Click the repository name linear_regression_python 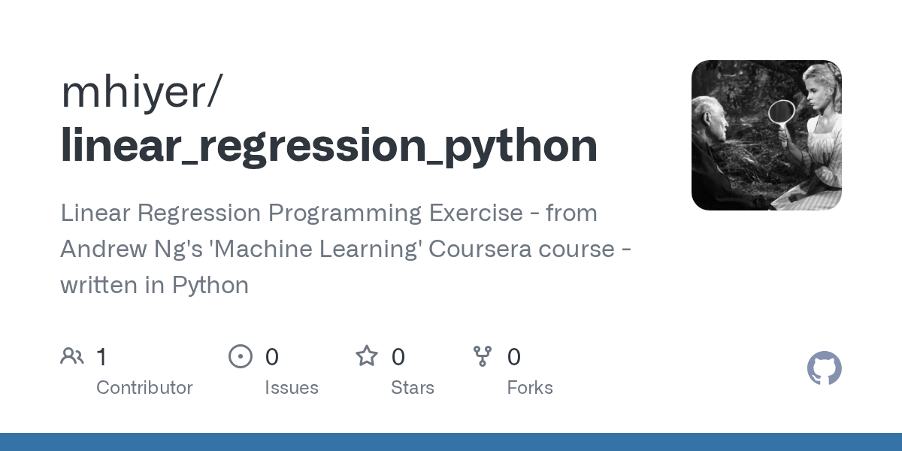click(328, 147)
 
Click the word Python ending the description click(210, 285)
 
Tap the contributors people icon click(72, 356)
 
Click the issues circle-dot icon click(241, 356)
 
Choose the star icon click(367, 356)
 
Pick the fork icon click(483, 356)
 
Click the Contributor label click(144, 388)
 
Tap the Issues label click(292, 388)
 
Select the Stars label click(413, 388)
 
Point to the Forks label click(530, 388)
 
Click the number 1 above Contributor click(101, 356)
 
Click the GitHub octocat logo click(824, 369)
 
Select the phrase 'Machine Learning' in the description click(319, 249)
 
